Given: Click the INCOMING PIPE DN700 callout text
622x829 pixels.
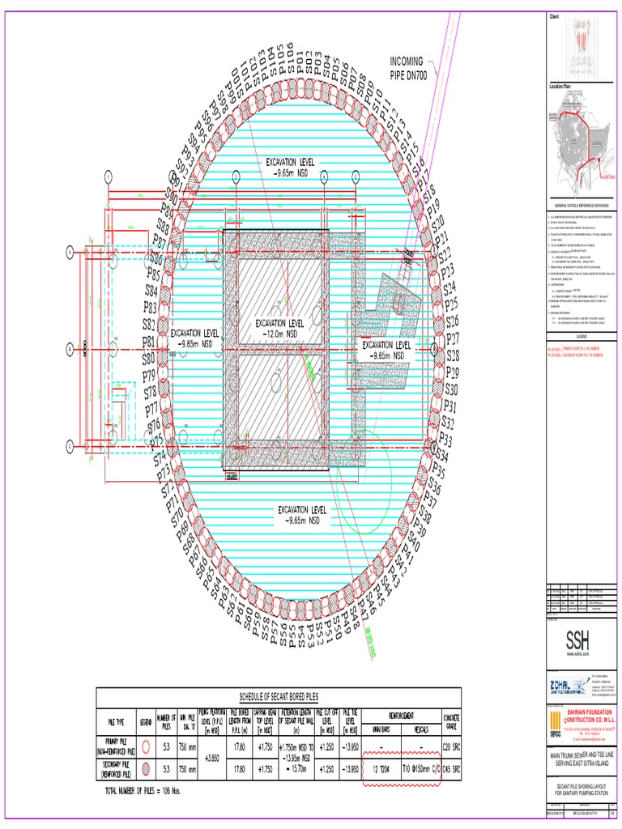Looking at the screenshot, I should tap(417, 68).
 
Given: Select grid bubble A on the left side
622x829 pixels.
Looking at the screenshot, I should tap(70, 253).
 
